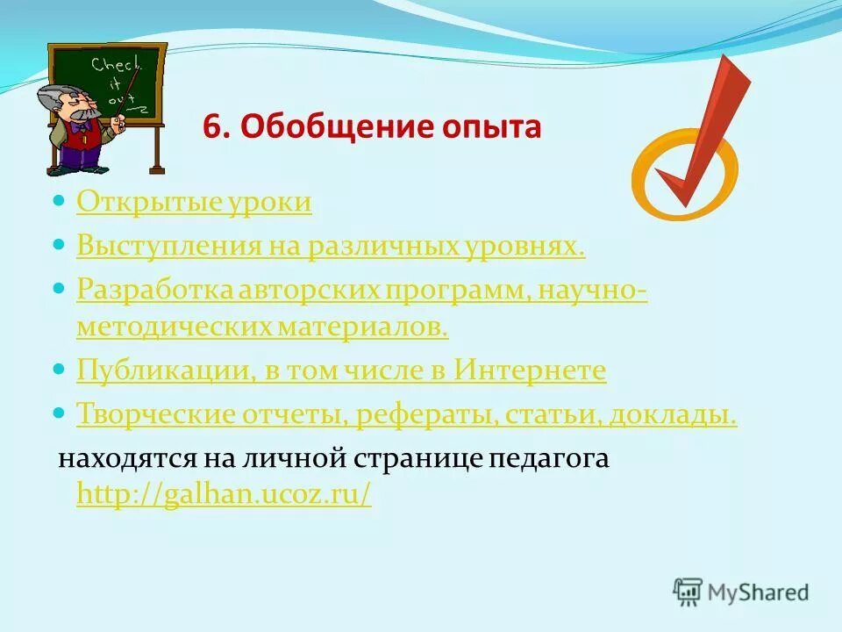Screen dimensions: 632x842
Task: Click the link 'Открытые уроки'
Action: (194, 203)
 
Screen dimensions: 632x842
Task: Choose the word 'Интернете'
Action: (530, 370)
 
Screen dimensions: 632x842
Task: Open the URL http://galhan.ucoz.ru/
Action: (224, 495)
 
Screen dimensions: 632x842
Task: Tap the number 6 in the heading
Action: (211, 128)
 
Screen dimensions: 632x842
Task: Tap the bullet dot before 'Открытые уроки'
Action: (60, 201)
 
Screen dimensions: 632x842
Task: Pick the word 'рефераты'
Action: (428, 413)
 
